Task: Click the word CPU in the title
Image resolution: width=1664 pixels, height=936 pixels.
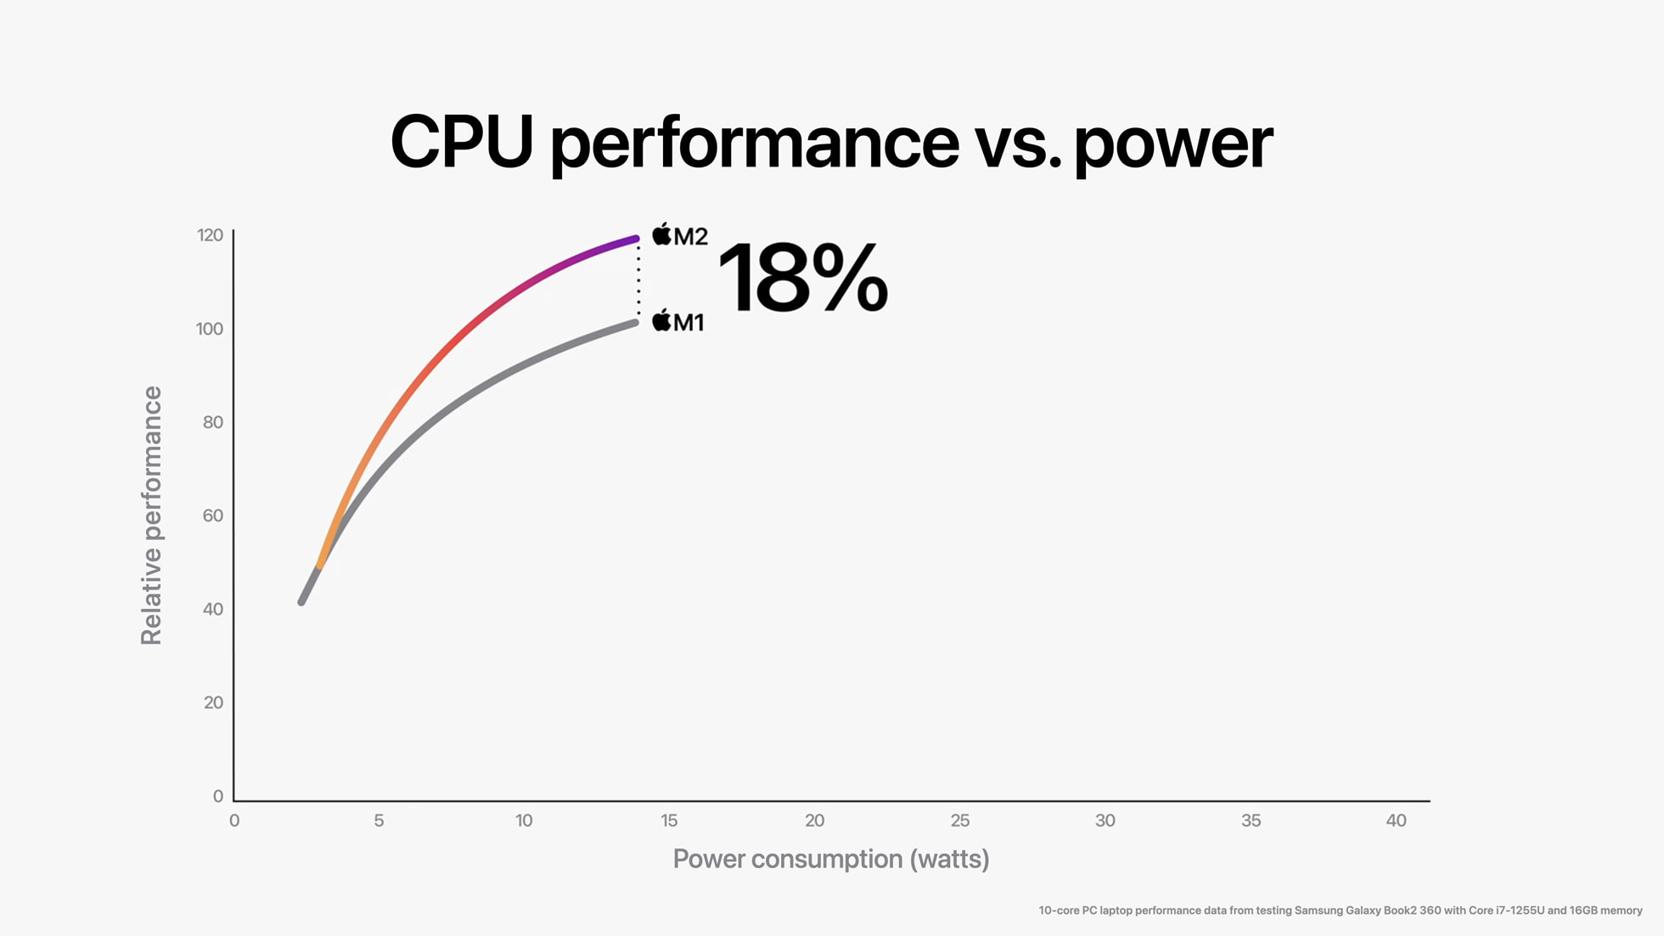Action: tap(461, 143)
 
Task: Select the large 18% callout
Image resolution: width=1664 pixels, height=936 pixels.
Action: tap(802, 279)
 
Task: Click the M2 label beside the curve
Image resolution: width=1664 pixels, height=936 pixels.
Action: tap(690, 236)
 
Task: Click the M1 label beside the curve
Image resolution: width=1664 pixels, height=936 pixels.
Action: tap(689, 322)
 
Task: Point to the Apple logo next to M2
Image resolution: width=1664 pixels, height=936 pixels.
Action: tap(661, 234)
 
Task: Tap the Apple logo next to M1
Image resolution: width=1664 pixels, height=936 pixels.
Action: tap(661, 320)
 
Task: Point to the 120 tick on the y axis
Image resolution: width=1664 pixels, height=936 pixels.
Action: tap(210, 235)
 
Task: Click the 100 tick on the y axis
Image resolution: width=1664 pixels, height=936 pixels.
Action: tap(210, 329)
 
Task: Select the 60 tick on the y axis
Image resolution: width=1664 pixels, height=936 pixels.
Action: tap(212, 516)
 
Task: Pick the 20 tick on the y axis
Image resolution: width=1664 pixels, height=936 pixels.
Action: tap(213, 702)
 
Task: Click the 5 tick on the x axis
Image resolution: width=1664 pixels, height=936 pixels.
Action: tap(379, 820)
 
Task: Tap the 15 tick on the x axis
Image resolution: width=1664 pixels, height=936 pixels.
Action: tap(669, 820)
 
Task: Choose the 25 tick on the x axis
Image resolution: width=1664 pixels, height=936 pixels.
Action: tap(959, 820)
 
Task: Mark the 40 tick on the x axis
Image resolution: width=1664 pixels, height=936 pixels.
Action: tap(1396, 820)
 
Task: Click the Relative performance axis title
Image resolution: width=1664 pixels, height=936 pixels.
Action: tap(151, 516)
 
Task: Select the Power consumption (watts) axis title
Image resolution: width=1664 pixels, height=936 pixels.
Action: tap(830, 859)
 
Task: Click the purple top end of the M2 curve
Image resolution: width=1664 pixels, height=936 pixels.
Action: tap(634, 240)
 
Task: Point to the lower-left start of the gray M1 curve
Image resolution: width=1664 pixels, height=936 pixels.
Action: tap(303, 600)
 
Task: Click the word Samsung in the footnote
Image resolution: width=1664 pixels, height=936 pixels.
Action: tap(1318, 911)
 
